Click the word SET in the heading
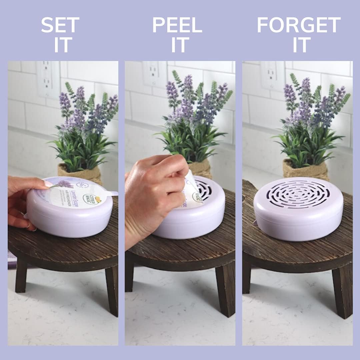(x=60, y=25)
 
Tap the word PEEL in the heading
(x=177, y=25)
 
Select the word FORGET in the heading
(x=299, y=25)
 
